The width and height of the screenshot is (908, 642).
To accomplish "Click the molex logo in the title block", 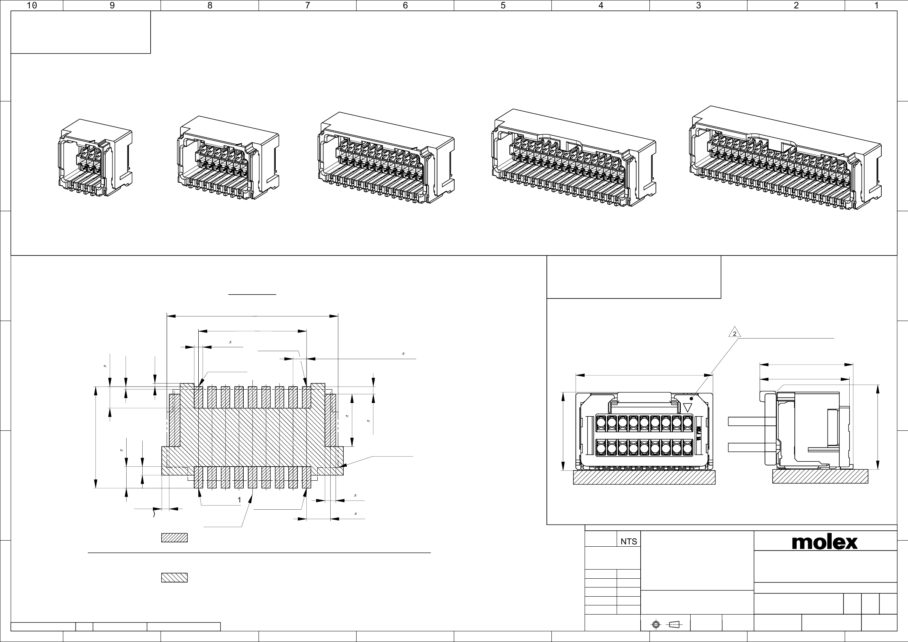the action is click(x=824, y=542).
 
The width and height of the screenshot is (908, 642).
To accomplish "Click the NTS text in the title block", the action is click(x=628, y=542).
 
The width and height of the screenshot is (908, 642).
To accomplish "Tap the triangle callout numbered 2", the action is click(x=734, y=332).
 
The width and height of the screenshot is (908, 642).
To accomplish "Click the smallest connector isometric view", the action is click(x=95, y=158).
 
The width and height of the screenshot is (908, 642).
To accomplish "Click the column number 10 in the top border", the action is click(x=32, y=5).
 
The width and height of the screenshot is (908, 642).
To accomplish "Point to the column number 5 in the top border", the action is click(x=503, y=5).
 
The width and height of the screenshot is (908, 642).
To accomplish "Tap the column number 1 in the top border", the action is click(x=876, y=5).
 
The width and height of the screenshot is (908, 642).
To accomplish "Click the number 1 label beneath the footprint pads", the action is click(x=239, y=500).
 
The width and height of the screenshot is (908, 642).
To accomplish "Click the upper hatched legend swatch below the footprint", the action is click(x=174, y=538).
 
